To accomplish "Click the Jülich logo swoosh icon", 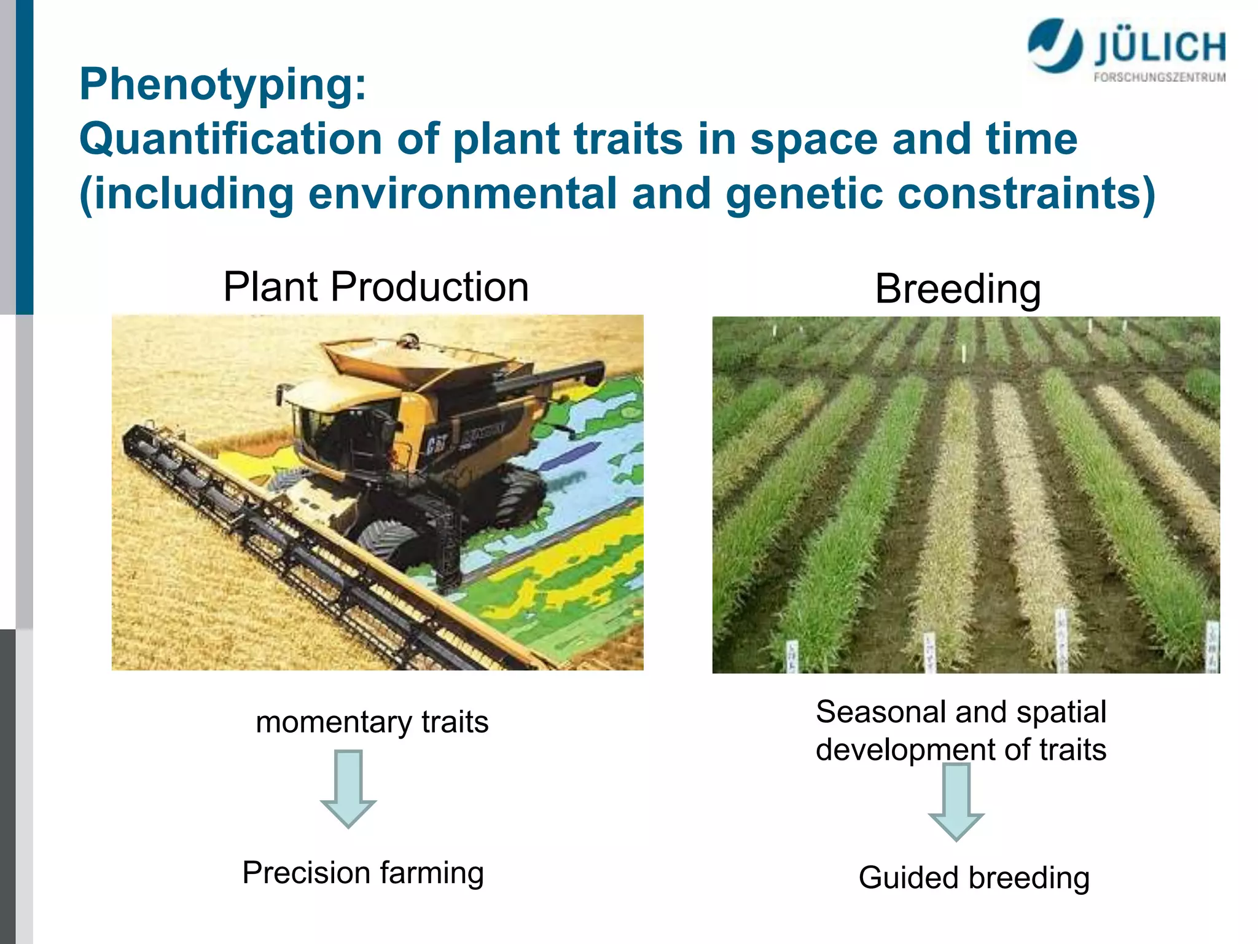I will click(x=1054, y=45).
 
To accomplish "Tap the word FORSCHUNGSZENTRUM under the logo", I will click(x=1159, y=77).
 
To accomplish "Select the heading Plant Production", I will click(x=375, y=286).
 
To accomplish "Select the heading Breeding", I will click(x=958, y=288).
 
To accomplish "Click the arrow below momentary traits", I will click(x=348, y=788).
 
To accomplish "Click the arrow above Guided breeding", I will click(x=956, y=801).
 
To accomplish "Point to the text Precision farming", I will click(x=363, y=873).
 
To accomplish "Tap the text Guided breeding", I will click(x=974, y=878).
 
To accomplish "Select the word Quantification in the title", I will click(x=231, y=139).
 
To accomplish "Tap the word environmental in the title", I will click(x=462, y=194).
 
